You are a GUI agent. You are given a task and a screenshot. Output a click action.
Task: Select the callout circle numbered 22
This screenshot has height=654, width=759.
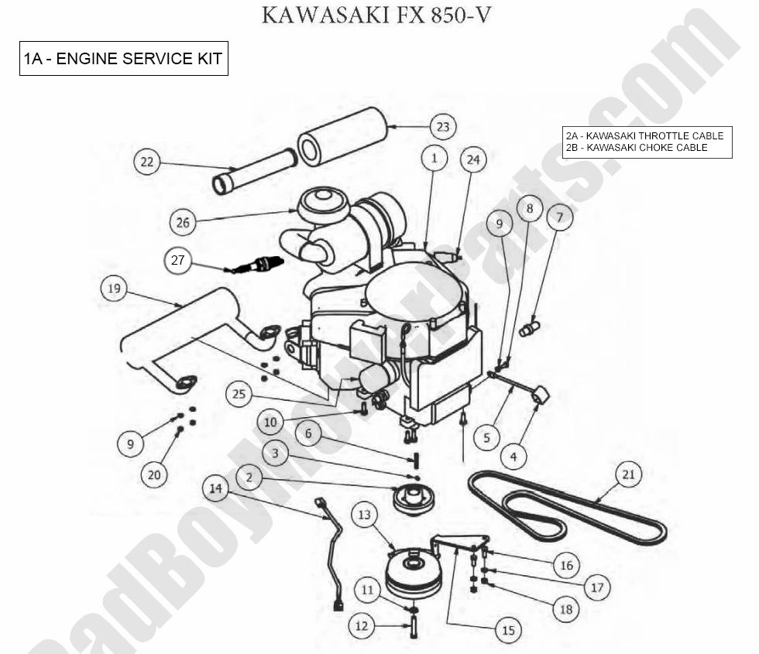coord(146,162)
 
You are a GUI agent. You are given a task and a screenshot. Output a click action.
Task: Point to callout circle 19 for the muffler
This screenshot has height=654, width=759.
coord(114,289)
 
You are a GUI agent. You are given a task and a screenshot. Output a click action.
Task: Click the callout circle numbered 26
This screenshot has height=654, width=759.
coord(182,222)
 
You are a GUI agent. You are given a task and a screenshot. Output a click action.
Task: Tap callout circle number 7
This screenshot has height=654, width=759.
coord(558,217)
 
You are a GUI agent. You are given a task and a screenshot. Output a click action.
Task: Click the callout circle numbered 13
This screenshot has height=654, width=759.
coord(365,514)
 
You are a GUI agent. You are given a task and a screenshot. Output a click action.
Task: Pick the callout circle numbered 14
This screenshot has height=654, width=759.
coord(216,488)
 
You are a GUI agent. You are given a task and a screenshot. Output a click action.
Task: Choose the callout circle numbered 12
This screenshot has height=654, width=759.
coord(361,625)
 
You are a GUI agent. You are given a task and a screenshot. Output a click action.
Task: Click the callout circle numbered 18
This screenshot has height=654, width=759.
coord(566,608)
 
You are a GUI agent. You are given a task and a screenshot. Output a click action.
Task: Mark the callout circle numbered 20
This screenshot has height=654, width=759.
coord(154,474)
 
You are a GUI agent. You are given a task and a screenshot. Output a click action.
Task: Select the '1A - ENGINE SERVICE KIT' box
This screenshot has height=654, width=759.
coord(124,59)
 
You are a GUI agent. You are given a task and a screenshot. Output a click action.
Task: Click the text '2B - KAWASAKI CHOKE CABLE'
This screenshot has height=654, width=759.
coord(637,147)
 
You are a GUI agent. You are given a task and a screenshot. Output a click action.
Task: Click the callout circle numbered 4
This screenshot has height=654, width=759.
coord(513,457)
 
